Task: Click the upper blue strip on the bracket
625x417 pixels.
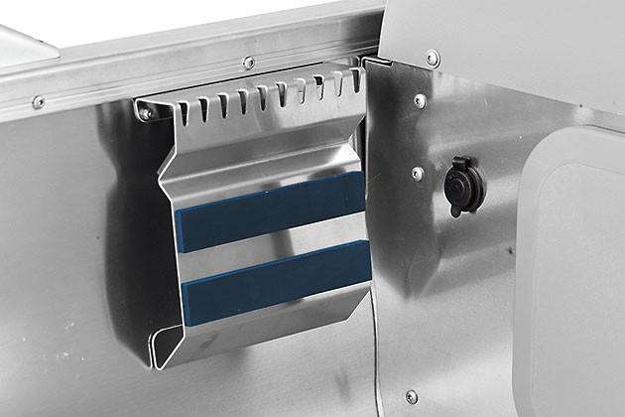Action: [x=270, y=212]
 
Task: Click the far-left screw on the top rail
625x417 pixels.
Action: [x=38, y=102]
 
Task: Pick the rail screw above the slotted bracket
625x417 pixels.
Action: [x=249, y=64]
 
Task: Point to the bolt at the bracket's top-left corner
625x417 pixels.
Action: [x=147, y=113]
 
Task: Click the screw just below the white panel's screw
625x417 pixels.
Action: [x=421, y=101]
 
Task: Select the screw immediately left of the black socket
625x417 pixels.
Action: [x=418, y=174]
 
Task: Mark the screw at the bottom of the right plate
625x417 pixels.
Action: [x=412, y=396]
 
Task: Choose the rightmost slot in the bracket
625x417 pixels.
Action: [x=352, y=81]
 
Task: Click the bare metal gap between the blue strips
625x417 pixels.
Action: [x=273, y=246]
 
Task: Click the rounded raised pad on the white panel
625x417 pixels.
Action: [x=575, y=268]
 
